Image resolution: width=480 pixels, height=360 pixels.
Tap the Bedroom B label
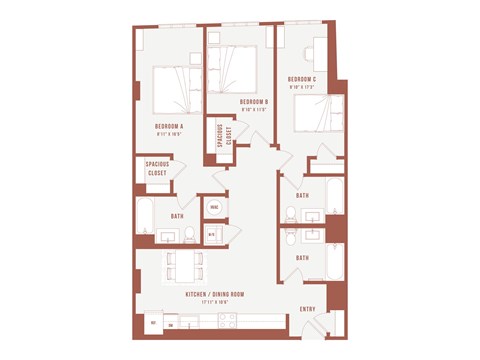point(253,102)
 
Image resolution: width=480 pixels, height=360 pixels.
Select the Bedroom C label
point(302,79)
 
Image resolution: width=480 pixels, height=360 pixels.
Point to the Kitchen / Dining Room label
point(215,294)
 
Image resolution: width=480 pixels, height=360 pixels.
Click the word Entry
point(308,309)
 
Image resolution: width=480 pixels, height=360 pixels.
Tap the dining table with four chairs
point(186,266)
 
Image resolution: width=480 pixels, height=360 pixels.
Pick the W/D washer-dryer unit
point(212,234)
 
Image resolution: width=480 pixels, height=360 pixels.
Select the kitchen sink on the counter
point(189,322)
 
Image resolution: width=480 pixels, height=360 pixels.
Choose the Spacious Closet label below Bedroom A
point(156,169)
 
